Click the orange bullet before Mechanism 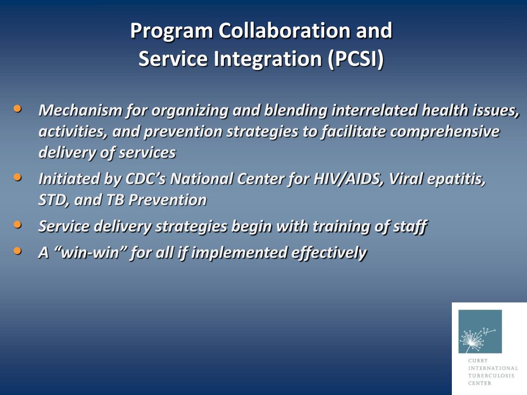pos(17,109)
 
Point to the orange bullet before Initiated pos(17,177)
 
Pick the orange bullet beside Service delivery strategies pos(17,224)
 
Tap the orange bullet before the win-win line pos(17,250)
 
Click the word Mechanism pos(80,110)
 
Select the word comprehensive pos(445,131)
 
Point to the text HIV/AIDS pos(349,178)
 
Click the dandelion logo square pos(480,331)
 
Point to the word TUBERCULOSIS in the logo pos(491,375)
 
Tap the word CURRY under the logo pos(478,361)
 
